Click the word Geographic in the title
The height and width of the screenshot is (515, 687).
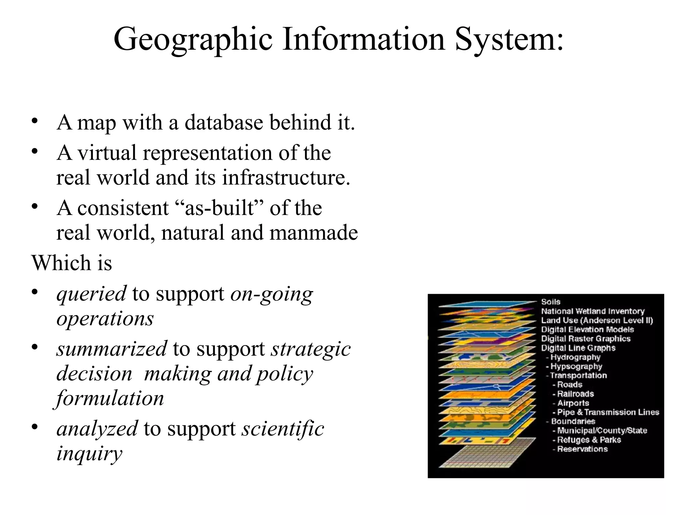click(x=193, y=40)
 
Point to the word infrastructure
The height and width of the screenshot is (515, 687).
click(x=285, y=177)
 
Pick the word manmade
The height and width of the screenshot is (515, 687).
click(x=313, y=233)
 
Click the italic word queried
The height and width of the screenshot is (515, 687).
click(x=92, y=294)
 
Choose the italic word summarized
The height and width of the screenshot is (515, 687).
click(x=111, y=349)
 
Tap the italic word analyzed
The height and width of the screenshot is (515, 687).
click(x=97, y=428)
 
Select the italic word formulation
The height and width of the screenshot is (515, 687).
click(x=110, y=398)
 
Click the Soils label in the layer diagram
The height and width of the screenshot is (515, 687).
click(x=551, y=302)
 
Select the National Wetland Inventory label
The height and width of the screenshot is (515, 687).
click(x=593, y=311)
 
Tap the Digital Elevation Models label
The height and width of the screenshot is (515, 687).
click(x=587, y=330)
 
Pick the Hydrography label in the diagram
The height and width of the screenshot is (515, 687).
click(x=575, y=357)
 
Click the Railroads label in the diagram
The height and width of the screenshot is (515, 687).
click(x=575, y=394)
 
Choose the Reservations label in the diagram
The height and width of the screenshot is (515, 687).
click(x=582, y=449)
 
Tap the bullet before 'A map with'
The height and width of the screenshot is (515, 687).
click(x=34, y=122)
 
